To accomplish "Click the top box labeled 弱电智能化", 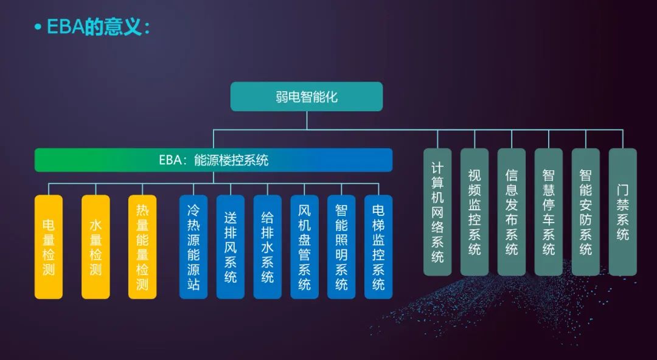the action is click(306, 97).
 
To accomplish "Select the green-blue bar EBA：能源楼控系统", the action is click(214, 160).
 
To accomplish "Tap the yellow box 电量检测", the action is click(49, 247).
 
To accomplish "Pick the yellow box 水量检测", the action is click(96, 247).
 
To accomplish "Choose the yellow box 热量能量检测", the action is click(142, 247).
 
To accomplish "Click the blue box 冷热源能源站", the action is click(193, 247).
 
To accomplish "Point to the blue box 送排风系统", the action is click(231, 247).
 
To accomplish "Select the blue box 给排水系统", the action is click(267, 247).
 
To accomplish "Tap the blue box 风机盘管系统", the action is click(305, 247).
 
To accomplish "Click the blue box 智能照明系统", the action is click(341, 247).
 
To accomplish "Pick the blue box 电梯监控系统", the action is click(378, 247).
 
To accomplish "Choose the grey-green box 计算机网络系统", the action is click(437, 212).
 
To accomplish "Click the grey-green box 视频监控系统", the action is click(474, 212).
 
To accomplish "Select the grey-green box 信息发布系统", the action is click(512, 212).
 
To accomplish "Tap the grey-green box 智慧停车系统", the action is click(549, 212).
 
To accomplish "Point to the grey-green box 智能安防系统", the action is click(586, 212).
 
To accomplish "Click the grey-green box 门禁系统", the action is click(623, 212).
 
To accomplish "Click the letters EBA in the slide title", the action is click(65, 27).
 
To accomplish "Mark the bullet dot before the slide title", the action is click(38, 27).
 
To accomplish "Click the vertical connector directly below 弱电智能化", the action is click(307, 120).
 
